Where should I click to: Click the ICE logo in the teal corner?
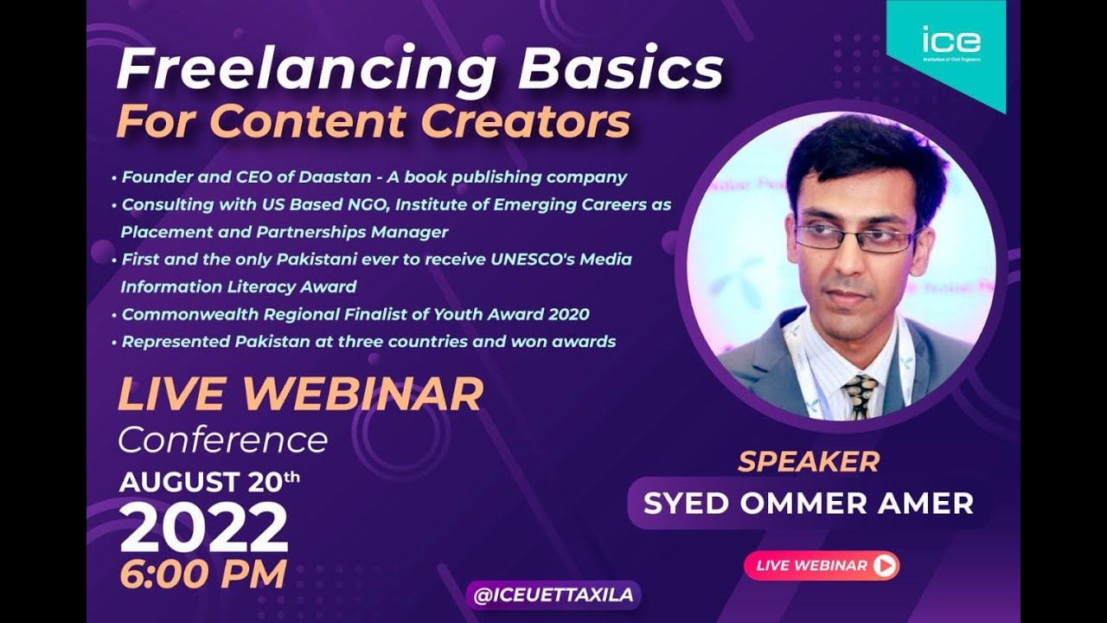pos(951,41)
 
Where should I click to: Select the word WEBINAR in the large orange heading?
pos(362,395)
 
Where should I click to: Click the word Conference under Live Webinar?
pos(222,440)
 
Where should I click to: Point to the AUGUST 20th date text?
pos(210,481)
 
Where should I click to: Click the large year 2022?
pos(203,528)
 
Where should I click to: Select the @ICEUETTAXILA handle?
pos(553,595)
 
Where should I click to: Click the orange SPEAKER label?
pos(808,462)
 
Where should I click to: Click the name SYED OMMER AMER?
pos(809,504)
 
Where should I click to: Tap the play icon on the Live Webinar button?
pos(884,566)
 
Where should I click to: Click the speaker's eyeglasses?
pos(854,235)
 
